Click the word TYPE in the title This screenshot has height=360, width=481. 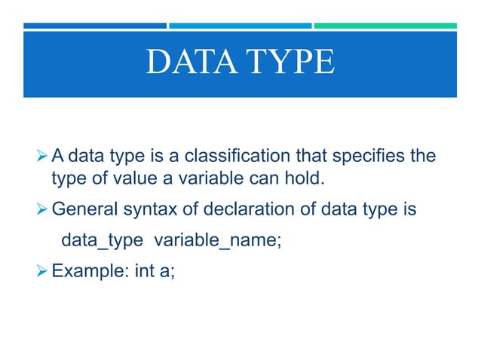[x=287, y=63]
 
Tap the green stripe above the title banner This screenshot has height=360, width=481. [x=384, y=26]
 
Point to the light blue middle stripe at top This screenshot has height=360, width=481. [x=240, y=26]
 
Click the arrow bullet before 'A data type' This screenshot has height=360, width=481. [x=42, y=157]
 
